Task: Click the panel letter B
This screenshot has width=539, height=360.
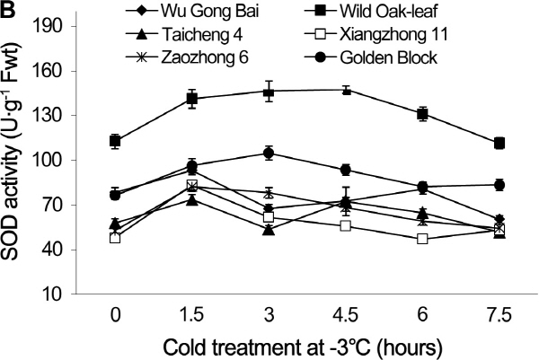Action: pyautogui.click(x=8, y=9)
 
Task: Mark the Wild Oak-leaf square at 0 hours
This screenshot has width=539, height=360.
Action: pyautogui.click(x=115, y=141)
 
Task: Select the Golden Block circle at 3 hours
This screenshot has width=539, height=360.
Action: pyautogui.click(x=269, y=153)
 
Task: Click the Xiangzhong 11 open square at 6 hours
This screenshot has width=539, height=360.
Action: pyautogui.click(x=423, y=239)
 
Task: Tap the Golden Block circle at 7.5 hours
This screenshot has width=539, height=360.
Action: pyautogui.click(x=499, y=185)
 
